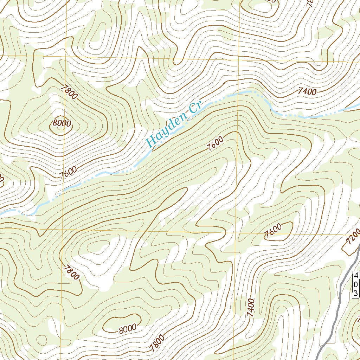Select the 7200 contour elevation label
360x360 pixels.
tap(353, 236)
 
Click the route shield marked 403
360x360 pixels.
tap(356, 284)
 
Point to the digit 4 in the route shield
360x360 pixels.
tap(356, 275)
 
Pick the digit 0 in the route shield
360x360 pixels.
tap(356, 284)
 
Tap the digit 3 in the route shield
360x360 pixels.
tap(356, 293)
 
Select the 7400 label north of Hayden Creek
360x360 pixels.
tap(307, 92)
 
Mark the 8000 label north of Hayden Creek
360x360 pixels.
tap(62, 123)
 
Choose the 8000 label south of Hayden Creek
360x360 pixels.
tap(127, 329)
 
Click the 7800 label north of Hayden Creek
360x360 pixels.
tap(69, 91)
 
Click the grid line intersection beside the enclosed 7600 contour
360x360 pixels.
tap(236, 232)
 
